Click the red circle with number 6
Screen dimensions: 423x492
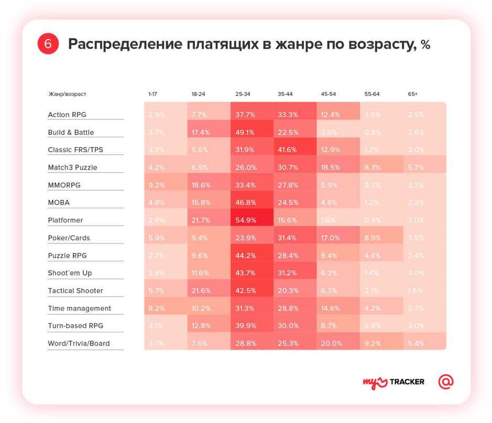tap(48, 44)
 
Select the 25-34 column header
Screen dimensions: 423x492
tap(243, 94)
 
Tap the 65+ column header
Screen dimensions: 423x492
tap(413, 94)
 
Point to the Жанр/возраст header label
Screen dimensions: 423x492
tap(67, 94)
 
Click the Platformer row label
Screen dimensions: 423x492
tap(65, 220)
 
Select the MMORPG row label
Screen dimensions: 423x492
tap(64, 185)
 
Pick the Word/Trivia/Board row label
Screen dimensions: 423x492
tap(79, 344)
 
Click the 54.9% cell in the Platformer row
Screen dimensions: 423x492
tap(244, 220)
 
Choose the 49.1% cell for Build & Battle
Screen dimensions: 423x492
tap(244, 132)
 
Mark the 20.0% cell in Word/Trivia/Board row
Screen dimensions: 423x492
tap(331, 344)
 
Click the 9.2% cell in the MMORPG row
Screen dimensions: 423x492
tap(157, 185)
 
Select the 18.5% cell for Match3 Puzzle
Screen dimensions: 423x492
tap(331, 167)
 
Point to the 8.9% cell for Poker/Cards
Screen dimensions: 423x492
tap(374, 238)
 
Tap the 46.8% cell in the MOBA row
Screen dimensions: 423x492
tap(244, 203)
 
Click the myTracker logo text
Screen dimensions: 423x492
tap(393, 382)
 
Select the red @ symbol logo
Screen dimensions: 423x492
tap(446, 382)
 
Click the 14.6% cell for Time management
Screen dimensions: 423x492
tap(331, 309)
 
